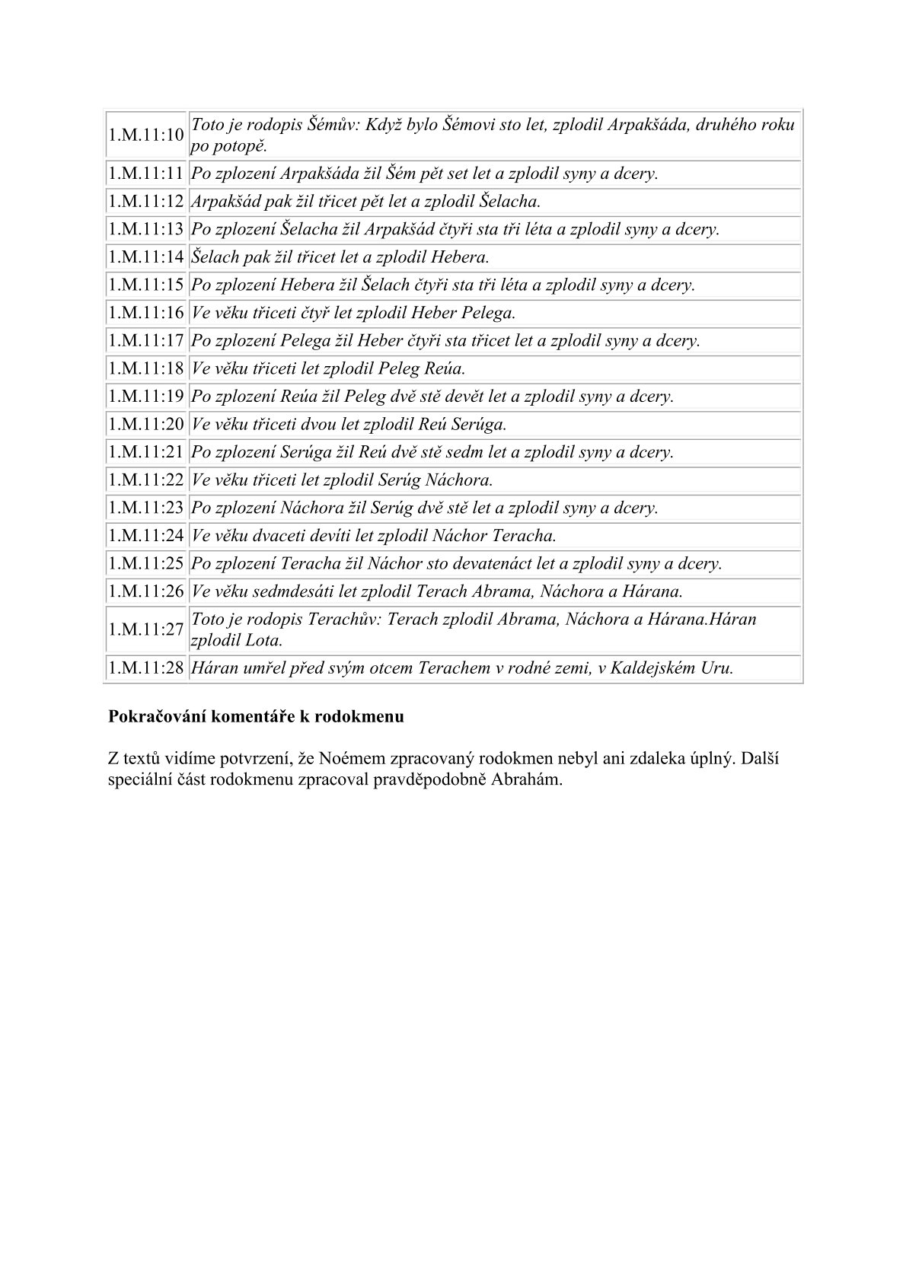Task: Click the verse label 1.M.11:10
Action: point(146,135)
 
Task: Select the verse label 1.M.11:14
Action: point(146,257)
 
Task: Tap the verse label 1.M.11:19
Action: point(146,397)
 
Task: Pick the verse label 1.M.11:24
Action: point(146,536)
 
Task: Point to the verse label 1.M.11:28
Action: point(146,668)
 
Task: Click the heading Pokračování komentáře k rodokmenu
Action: point(256,716)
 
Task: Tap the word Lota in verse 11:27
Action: point(263,641)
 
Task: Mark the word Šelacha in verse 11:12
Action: point(510,202)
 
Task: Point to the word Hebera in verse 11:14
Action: point(460,257)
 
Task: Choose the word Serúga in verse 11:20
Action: point(479,425)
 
